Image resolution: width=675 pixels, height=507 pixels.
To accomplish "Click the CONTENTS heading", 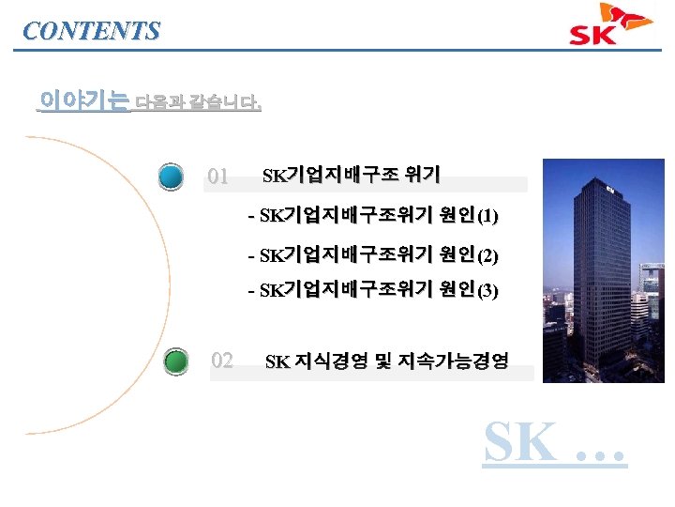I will coord(91,30).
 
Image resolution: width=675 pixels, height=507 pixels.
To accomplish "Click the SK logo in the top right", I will coord(610,26).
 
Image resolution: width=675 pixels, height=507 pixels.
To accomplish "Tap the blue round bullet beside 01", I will coord(171,177).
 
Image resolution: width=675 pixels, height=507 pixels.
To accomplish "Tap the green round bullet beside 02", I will coord(175,361).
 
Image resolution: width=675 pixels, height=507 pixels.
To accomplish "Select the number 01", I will coord(217,176).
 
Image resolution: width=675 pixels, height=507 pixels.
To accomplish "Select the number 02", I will coord(222,360).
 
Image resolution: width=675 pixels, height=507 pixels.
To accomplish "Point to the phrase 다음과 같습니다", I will coord(198,102).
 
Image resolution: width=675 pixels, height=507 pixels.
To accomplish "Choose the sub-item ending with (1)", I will coord(373,217).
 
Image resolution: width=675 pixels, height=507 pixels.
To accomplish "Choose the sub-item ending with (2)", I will coord(373,254).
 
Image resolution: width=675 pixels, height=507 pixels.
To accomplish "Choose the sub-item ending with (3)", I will coord(373,291).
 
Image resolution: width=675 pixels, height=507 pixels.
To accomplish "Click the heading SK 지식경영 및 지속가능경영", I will coord(386,361).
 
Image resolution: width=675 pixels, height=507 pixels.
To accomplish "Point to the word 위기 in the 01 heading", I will coord(423,175).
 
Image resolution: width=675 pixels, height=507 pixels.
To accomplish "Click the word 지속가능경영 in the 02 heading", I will coord(461,361).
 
